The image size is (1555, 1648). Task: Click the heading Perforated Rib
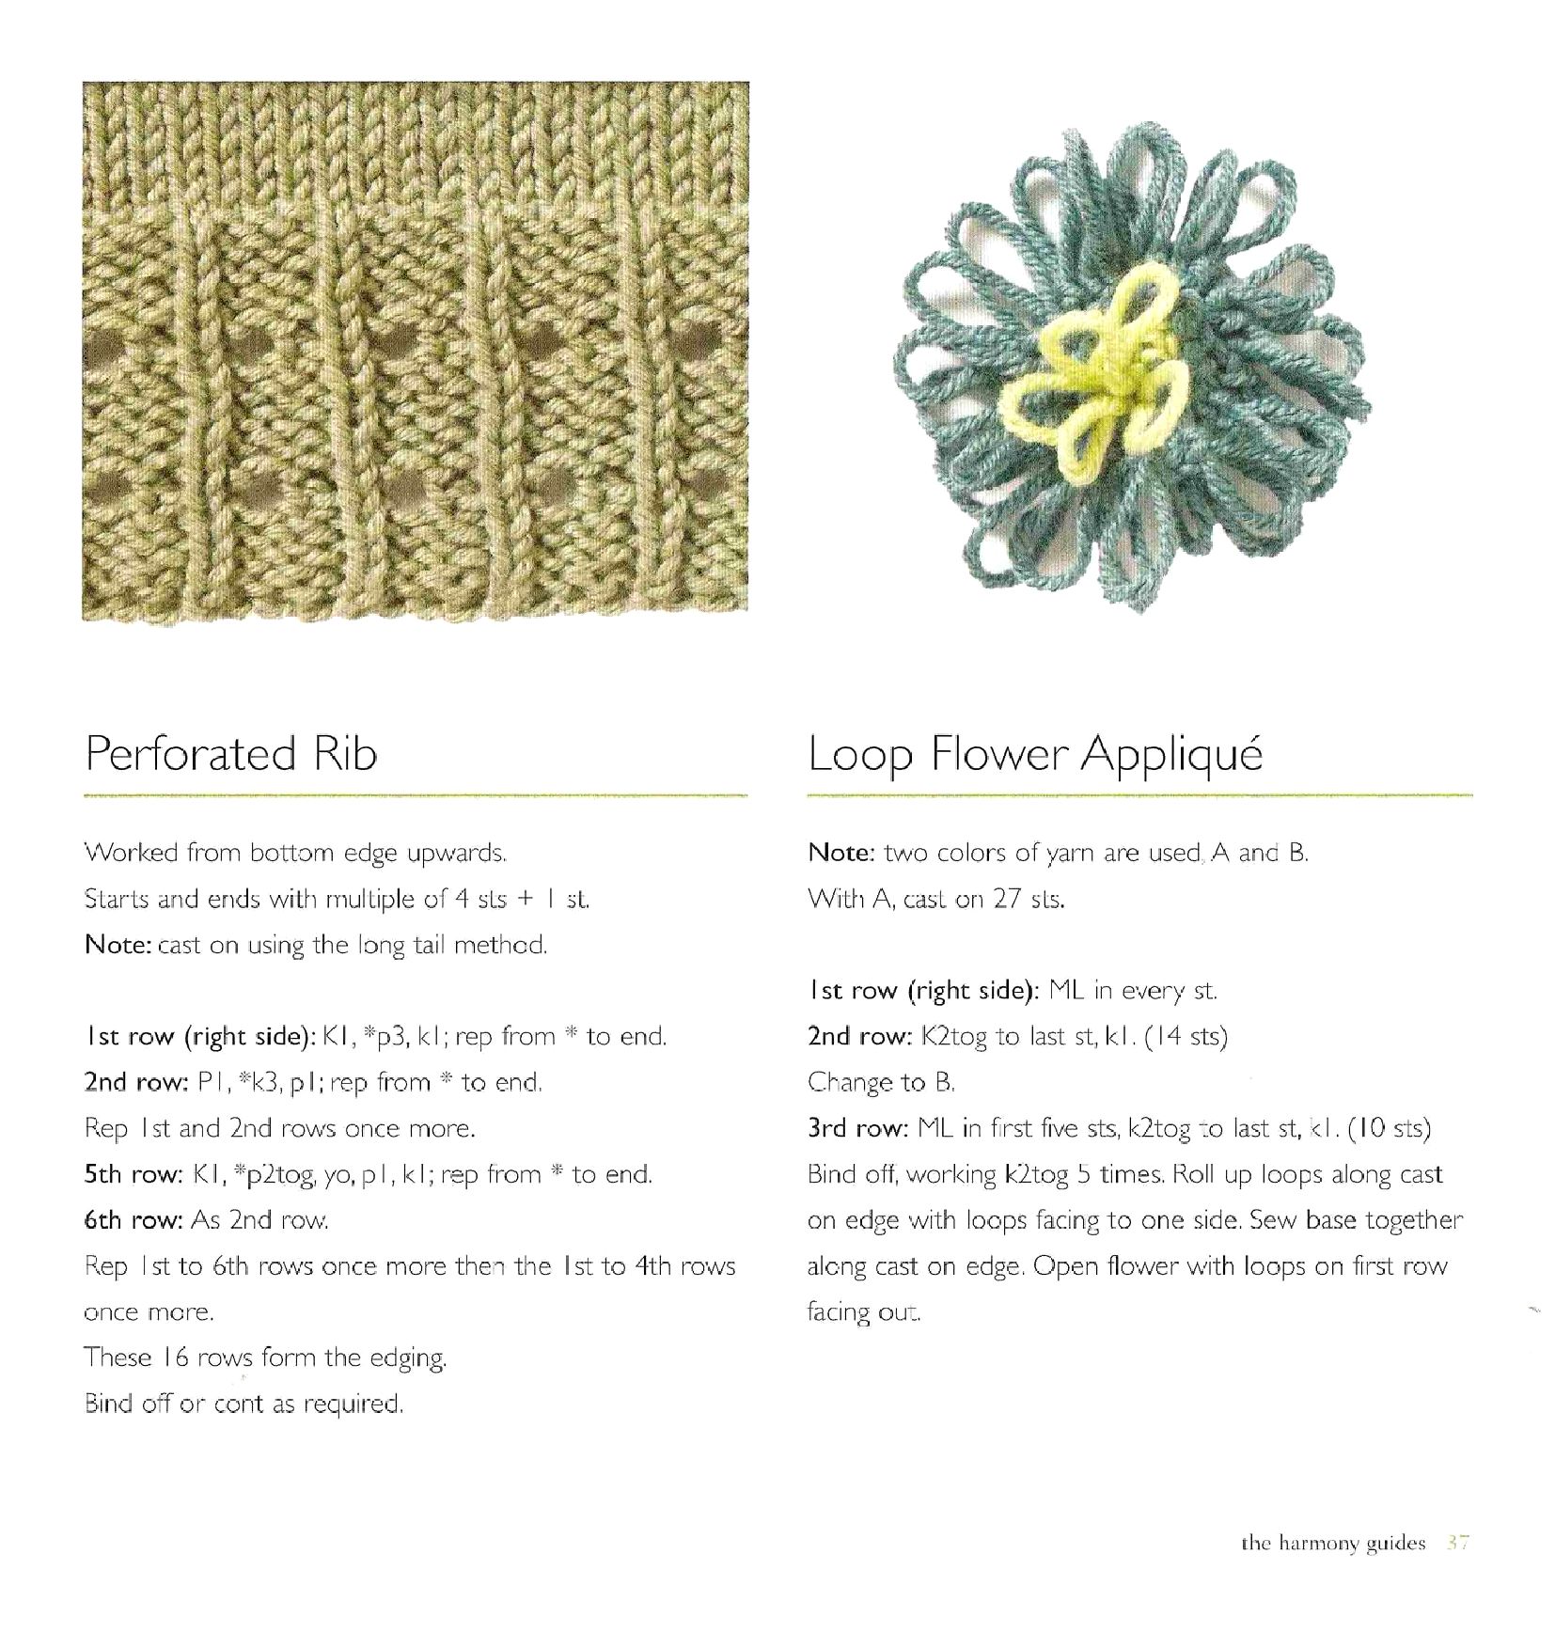[231, 755]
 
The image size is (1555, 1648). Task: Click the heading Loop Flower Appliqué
[1035, 755]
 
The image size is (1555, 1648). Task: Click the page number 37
[1458, 1543]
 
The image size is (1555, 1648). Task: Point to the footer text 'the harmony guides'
[1333, 1544]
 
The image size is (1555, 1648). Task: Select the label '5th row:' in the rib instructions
[133, 1174]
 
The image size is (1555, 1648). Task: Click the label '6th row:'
[133, 1220]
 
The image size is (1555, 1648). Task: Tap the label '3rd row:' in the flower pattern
[856, 1128]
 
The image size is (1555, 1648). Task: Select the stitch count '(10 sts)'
[1389, 1128]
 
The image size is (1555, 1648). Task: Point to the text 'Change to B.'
[881, 1082]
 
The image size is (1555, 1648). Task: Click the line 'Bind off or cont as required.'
[243, 1404]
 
